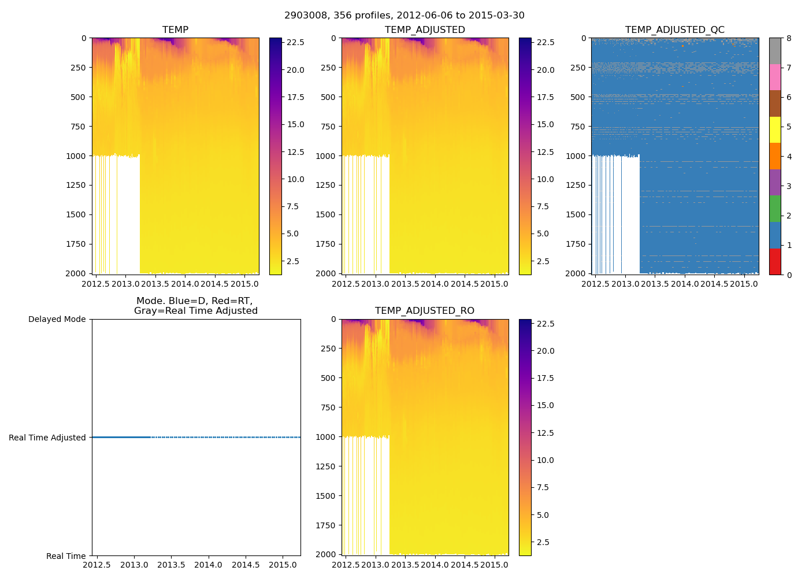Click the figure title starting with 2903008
tap(404, 16)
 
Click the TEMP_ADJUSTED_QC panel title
tap(674, 30)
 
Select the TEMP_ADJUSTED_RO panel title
tap(425, 311)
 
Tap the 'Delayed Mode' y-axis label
tap(57, 319)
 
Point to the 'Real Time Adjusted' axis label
tap(47, 438)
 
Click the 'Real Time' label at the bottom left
tap(66, 556)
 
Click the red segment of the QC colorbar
tap(775, 261)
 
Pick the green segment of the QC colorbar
tap(775, 209)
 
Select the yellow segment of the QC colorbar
tap(775, 129)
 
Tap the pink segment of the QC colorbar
tap(775, 77)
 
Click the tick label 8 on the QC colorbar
tap(789, 38)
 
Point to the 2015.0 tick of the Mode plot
tap(283, 565)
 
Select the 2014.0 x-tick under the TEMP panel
tap(185, 284)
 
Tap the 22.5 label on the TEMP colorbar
tap(296, 43)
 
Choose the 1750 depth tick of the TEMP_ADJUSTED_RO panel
tap(325, 525)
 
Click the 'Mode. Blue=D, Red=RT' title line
tap(194, 301)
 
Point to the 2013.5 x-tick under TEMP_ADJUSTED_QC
tap(655, 284)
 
